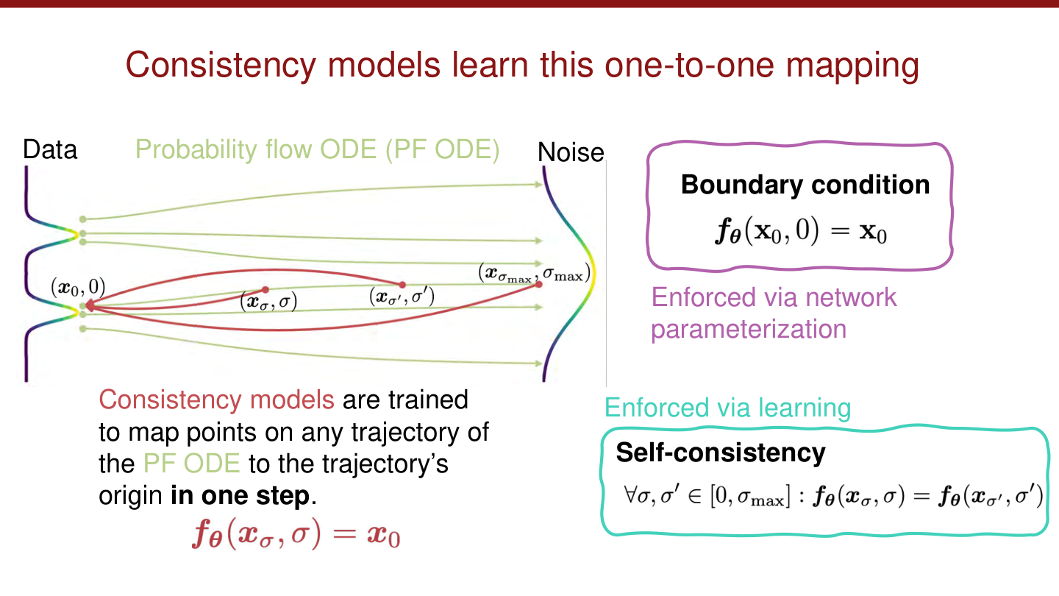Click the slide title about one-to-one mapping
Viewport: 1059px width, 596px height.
tap(522, 65)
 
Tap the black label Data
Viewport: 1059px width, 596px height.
tap(50, 150)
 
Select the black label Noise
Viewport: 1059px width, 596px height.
tap(571, 153)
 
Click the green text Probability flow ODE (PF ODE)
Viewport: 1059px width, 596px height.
tap(318, 150)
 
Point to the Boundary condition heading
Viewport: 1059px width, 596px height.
tap(805, 184)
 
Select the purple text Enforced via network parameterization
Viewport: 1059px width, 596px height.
tap(774, 313)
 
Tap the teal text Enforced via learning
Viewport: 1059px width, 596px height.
tap(727, 408)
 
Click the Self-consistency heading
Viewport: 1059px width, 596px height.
tap(720, 453)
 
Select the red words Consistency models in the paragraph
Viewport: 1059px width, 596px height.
tap(217, 400)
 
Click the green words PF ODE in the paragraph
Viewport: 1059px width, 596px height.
tap(191, 464)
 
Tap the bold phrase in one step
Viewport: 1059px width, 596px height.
tap(240, 496)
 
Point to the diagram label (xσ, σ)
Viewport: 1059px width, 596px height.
tap(268, 302)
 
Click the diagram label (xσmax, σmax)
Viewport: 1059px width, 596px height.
tap(533, 274)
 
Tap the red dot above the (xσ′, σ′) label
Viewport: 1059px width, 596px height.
tap(402, 284)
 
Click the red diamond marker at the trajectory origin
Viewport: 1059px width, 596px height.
tap(88, 304)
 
